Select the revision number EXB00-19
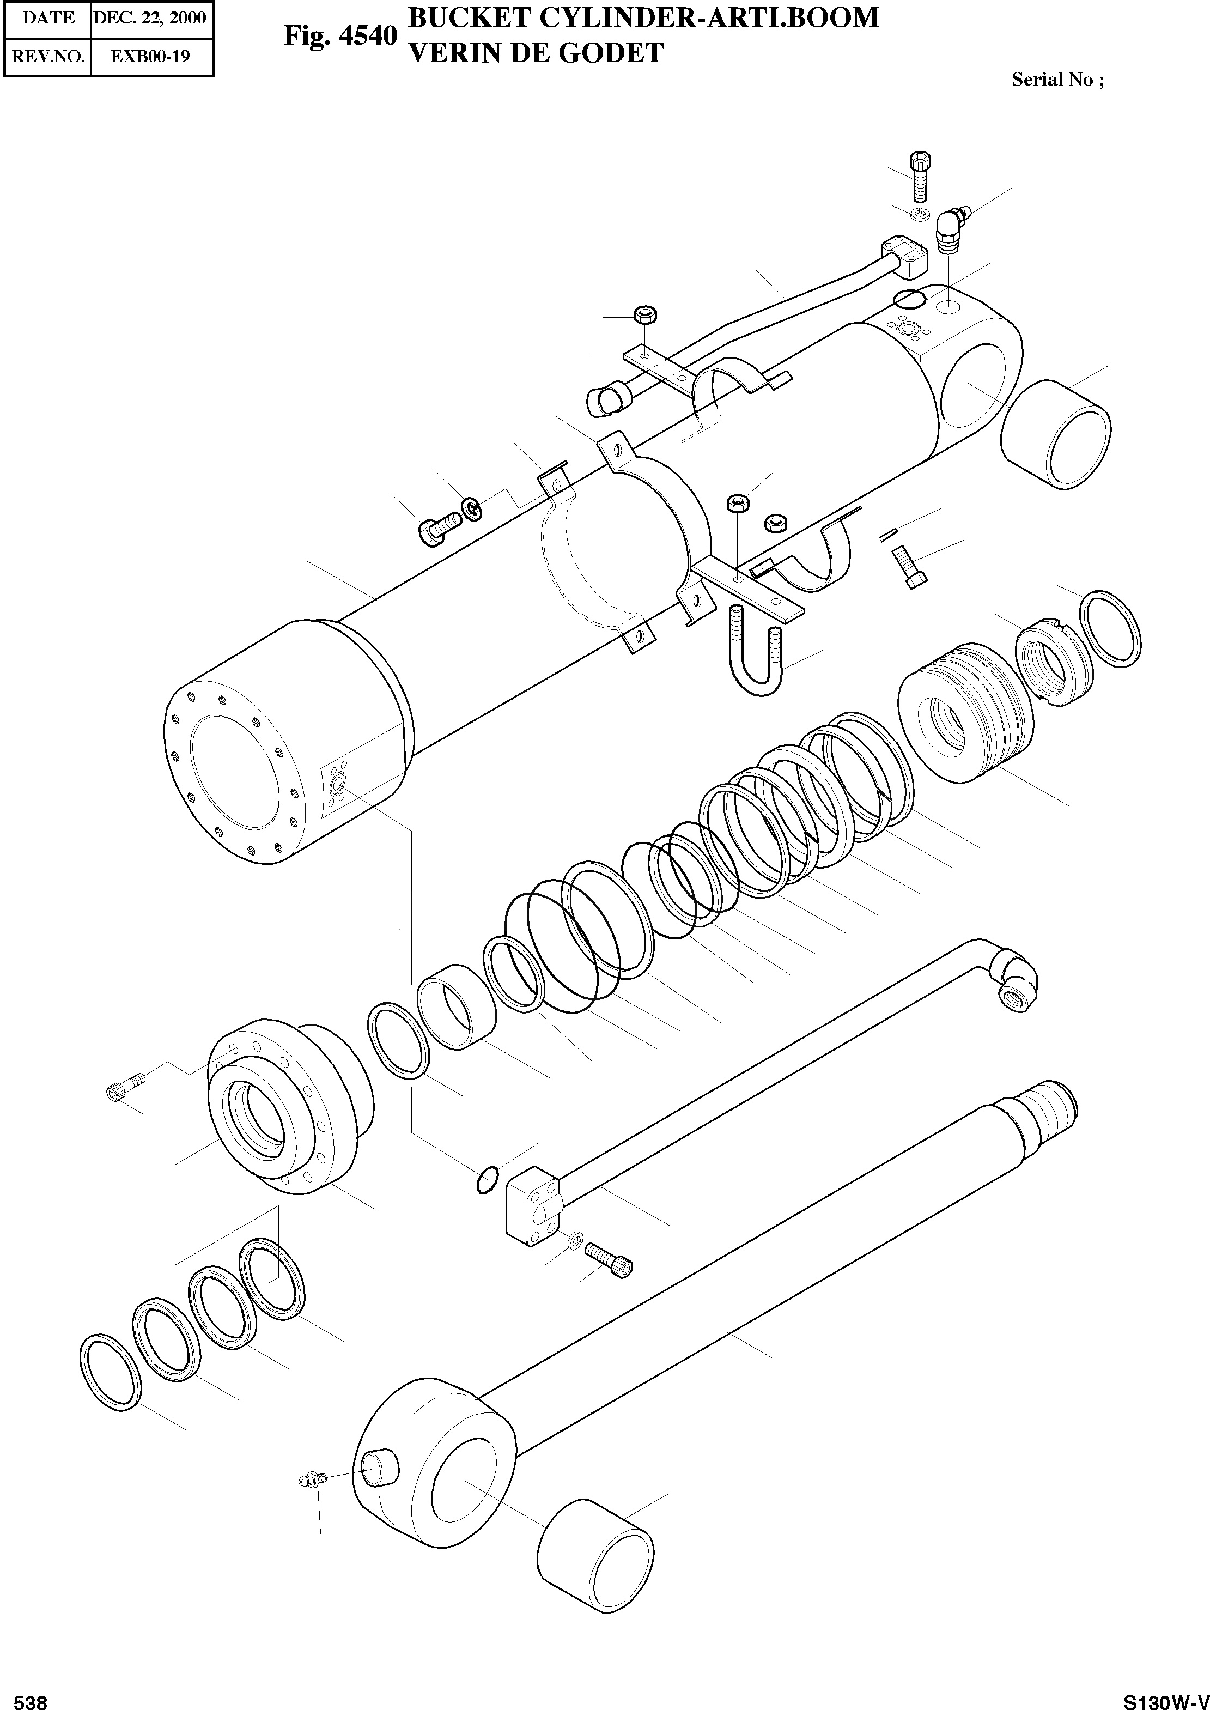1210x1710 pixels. pos(150,56)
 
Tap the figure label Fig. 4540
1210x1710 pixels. pos(340,36)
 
